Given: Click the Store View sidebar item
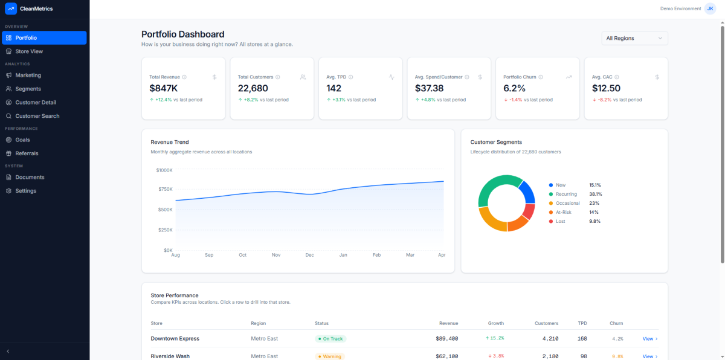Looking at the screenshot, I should click(29, 51).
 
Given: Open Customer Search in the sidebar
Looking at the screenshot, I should click(37, 116).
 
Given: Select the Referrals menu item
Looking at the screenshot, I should click(27, 153).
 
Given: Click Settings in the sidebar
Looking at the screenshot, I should click(25, 191).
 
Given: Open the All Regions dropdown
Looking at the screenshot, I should click(634, 38).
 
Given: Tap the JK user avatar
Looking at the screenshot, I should click(710, 8).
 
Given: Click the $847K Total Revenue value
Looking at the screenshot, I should click(164, 88).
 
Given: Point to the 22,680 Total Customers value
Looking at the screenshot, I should click(253, 88).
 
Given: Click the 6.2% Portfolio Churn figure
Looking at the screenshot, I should click(515, 88).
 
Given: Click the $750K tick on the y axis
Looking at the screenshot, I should click(164, 189).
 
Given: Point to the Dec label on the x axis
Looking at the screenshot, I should click(309, 255).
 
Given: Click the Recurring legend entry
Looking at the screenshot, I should click(566, 194).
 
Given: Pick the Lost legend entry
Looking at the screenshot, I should click(561, 221).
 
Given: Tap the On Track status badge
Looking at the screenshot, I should click(330, 339).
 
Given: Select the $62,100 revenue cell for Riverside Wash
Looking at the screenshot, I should click(446, 356).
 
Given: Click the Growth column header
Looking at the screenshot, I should click(495, 323).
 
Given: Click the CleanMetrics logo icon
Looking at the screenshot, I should click(10, 8).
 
